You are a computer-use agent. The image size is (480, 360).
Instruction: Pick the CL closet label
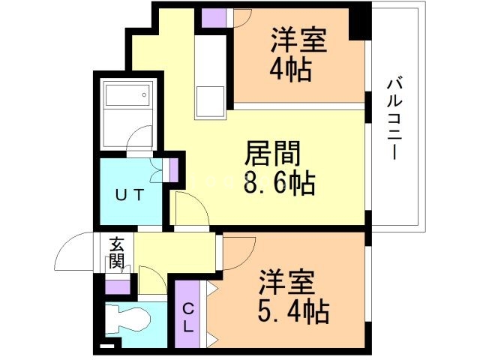click(x=188, y=314)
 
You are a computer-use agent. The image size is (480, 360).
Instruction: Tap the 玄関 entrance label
click(x=116, y=252)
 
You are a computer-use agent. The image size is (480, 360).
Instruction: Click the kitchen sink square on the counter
click(x=210, y=101)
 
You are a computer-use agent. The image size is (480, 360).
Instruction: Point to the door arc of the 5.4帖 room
click(x=241, y=251)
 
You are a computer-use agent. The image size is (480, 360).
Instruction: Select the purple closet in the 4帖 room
click(x=213, y=17)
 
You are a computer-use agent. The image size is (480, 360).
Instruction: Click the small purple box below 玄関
click(x=117, y=285)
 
